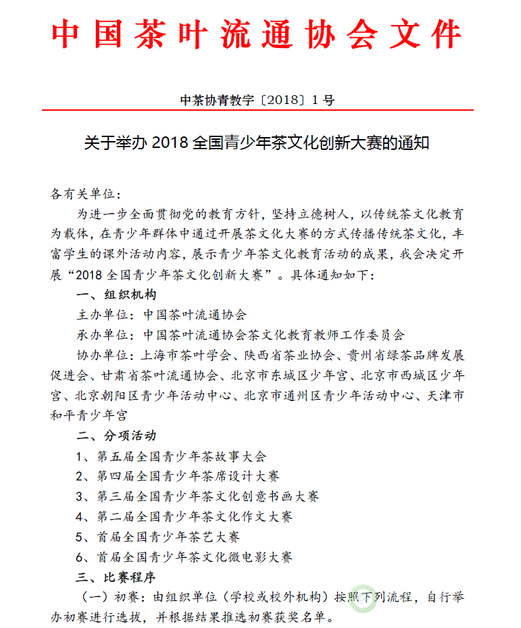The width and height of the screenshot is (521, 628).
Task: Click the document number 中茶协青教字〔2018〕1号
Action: (257, 101)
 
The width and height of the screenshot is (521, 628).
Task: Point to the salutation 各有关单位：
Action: (85, 195)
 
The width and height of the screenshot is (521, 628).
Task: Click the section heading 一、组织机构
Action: (116, 295)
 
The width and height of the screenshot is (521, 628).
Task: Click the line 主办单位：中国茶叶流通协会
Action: (162, 315)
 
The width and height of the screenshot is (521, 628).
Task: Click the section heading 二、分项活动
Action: (116, 436)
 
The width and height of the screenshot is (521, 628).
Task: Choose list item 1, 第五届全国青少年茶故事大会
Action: (172, 456)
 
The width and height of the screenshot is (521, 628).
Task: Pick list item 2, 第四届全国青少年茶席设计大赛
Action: (178, 477)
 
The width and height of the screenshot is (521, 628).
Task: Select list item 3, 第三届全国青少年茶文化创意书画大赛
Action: (198, 496)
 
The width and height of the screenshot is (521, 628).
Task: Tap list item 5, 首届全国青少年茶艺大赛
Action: (159, 537)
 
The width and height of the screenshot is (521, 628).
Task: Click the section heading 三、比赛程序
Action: (116, 577)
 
